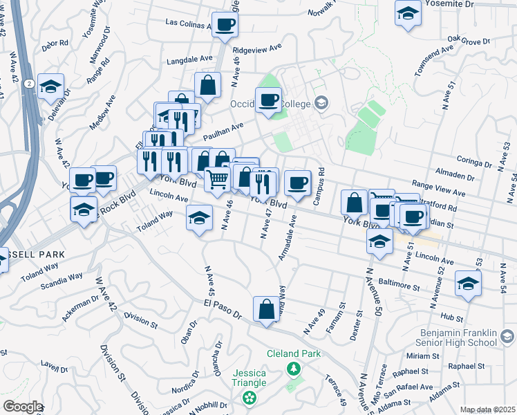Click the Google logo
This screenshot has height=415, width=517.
[x=22, y=407]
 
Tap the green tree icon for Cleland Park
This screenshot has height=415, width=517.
[x=294, y=368]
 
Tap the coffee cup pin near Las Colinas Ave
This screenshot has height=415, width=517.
[x=225, y=26]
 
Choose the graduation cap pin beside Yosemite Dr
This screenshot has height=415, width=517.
[x=408, y=13]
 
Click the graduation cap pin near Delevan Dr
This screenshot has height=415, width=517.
[x=51, y=87]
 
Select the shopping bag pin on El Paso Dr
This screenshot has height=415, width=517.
[x=267, y=310]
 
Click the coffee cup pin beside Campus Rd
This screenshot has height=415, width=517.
[x=298, y=183]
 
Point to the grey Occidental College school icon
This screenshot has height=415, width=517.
[x=321, y=104]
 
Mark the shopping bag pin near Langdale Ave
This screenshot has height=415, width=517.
[x=207, y=86]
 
